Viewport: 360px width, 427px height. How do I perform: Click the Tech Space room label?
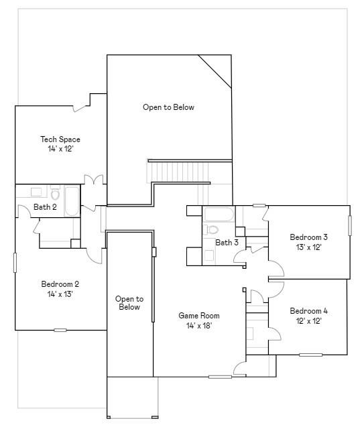coord(60,139)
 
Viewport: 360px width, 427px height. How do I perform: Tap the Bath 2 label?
coord(45,207)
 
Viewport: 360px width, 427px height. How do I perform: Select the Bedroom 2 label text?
coord(60,284)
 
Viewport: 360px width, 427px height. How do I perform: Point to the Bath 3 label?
coord(227,242)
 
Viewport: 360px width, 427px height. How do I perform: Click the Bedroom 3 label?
coord(308,237)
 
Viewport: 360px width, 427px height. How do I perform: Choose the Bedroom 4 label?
coord(308,311)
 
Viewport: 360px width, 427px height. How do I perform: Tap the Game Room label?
coord(198,315)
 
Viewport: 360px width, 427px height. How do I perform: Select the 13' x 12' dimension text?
coord(308,247)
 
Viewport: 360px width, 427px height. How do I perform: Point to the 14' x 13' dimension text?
coord(60,294)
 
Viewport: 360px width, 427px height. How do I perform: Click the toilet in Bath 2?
coord(55,192)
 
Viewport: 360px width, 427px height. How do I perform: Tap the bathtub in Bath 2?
coord(71,200)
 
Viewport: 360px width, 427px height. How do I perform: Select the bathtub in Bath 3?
coord(219,215)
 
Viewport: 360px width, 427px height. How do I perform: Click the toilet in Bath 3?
coord(213,229)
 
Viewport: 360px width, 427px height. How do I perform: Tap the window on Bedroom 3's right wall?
coord(349,225)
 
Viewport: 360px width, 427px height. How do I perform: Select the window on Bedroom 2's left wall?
coord(15,262)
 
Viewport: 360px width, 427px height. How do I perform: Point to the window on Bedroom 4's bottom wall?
coord(310,354)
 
